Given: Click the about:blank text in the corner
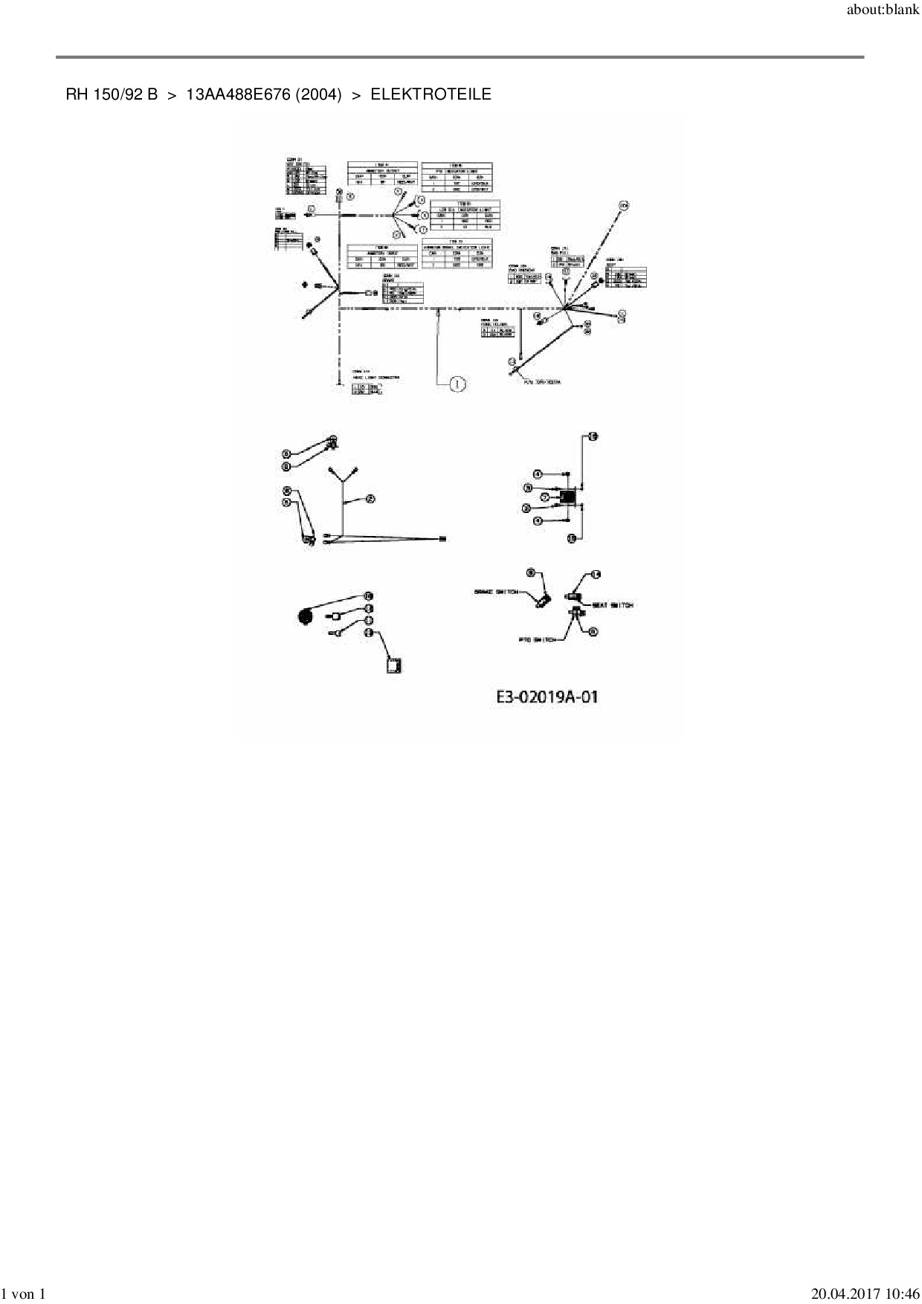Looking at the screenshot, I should tap(883, 11).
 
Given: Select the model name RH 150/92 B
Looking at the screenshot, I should tap(112, 94).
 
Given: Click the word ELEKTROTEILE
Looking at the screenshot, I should tap(431, 94).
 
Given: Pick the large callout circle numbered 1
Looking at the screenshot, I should tap(457, 384).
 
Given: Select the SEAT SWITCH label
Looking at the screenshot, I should tap(612, 605).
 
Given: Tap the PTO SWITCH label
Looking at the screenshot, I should tap(537, 640).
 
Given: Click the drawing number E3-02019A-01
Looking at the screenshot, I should tap(547, 697).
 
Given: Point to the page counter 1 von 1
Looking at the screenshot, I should tap(24, 1294).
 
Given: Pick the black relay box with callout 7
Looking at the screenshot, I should tap(570, 497).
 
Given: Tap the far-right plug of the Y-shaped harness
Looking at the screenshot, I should tap(443, 538).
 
